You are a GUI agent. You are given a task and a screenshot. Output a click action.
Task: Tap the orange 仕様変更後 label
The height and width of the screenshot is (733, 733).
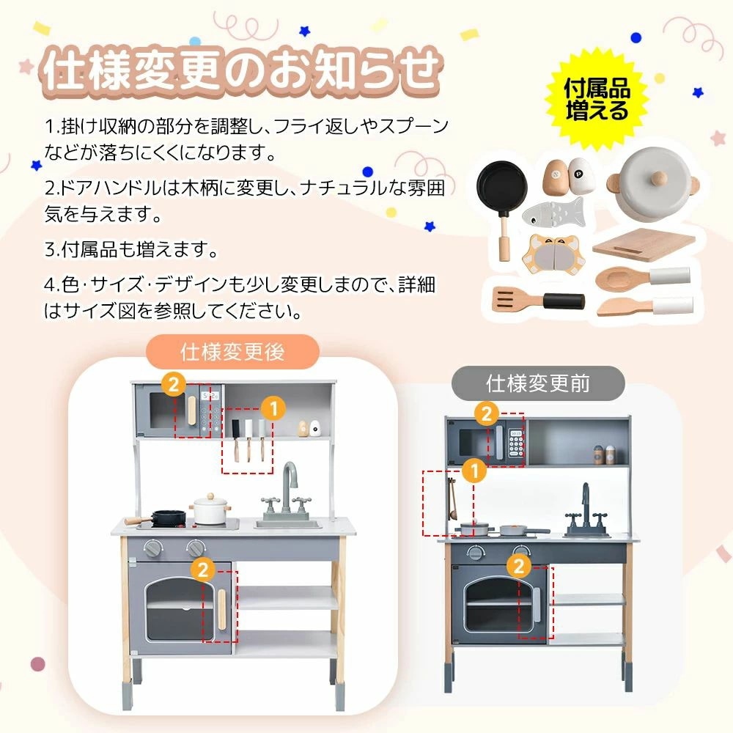(x=232, y=351)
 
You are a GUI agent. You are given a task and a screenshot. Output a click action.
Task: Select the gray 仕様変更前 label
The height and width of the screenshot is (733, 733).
(x=537, y=383)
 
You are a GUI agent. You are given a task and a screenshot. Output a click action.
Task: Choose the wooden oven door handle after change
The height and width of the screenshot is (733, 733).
(x=220, y=603)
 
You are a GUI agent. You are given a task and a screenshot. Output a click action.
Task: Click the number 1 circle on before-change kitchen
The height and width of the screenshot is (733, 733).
(x=474, y=471)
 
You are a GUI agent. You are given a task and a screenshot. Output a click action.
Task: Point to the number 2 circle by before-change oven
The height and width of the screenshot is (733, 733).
(x=518, y=564)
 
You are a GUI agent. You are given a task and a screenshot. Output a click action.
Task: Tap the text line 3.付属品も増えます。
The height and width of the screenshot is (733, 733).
(x=132, y=248)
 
